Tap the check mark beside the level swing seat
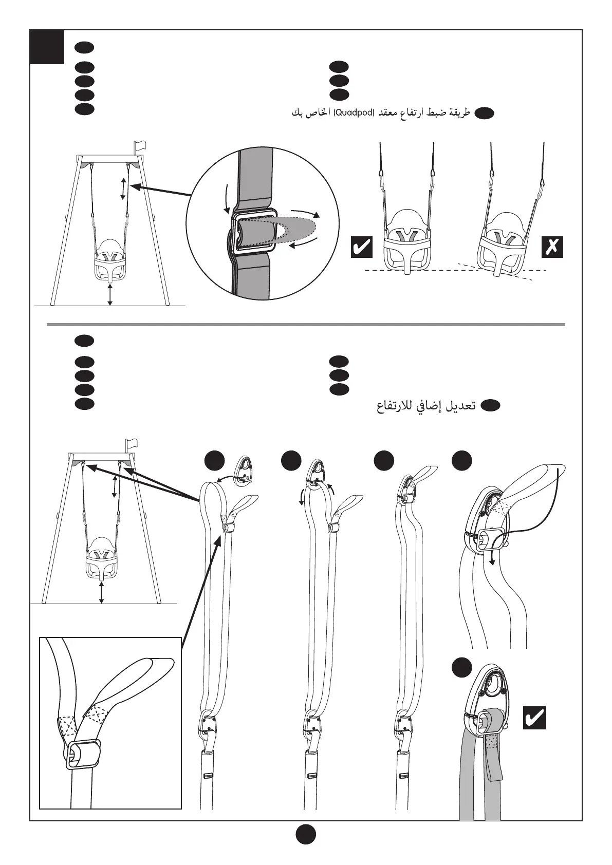point(361,247)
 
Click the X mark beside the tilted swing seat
point(552,247)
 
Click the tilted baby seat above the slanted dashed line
point(503,246)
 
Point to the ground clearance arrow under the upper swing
point(110,295)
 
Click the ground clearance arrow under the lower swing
point(102,593)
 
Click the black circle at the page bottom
point(306,835)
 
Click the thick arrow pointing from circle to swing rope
point(162,191)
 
